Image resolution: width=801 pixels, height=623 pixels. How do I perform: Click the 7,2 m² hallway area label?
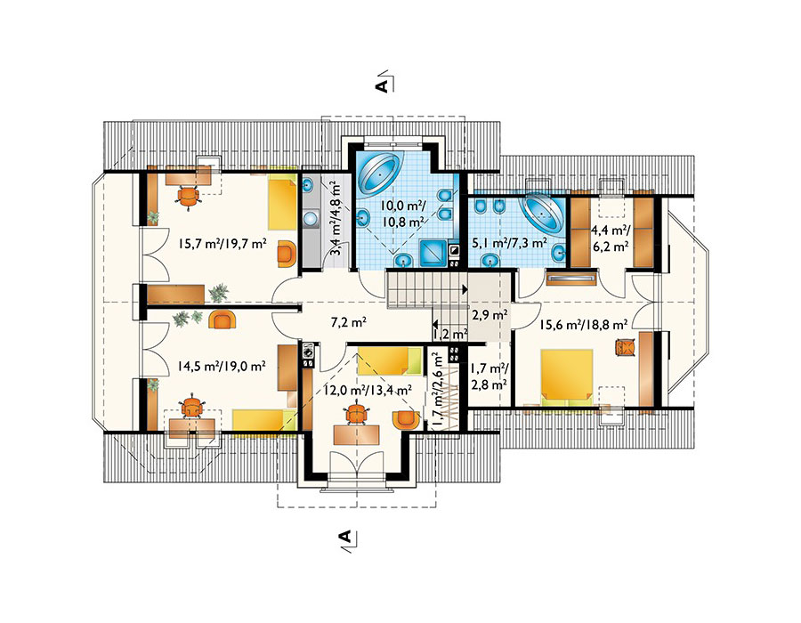(x=349, y=323)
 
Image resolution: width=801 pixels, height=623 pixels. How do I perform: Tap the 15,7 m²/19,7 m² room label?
(x=222, y=244)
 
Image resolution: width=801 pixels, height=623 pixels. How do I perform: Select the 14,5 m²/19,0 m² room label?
(x=222, y=366)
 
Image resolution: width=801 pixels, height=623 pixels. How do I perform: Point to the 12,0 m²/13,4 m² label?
(x=368, y=391)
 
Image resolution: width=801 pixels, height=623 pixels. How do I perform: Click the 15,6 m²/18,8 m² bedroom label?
(x=584, y=324)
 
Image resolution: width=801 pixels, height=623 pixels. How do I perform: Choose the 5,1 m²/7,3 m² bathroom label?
(x=508, y=243)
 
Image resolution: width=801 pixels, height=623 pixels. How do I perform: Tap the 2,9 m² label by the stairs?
(x=489, y=314)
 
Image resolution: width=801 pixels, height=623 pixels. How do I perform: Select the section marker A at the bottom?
(x=345, y=537)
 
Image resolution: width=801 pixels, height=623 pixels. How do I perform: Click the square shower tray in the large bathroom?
(x=433, y=253)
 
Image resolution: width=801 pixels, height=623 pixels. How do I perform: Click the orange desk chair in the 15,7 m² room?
(x=188, y=197)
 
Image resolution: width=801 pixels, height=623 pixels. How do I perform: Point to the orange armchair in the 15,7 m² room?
(x=287, y=255)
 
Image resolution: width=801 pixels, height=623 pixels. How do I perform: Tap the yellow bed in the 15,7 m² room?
(x=282, y=203)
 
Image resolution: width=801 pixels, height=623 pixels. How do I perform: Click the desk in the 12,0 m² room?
(x=357, y=434)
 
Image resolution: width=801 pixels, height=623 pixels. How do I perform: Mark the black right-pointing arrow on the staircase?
(x=465, y=289)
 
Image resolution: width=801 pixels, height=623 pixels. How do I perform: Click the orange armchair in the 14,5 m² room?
(x=222, y=320)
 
